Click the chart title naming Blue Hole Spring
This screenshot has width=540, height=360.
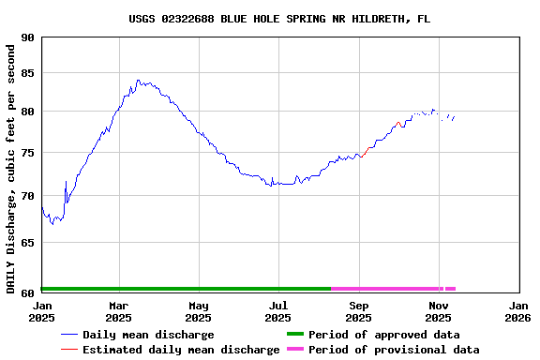279,19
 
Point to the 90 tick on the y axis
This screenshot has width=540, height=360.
27,38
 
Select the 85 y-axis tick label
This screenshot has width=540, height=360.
27,74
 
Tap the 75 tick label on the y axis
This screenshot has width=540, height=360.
27,154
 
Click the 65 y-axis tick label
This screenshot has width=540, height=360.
27,242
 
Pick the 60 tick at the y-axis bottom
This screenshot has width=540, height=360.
27,290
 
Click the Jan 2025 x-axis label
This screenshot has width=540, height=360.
42,311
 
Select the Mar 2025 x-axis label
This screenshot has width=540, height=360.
118,311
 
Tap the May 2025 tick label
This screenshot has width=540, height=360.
199,311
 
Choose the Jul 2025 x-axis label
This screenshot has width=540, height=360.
278,311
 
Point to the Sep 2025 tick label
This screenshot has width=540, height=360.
359,311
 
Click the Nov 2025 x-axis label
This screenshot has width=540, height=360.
439,311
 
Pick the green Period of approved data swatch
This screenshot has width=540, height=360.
294,335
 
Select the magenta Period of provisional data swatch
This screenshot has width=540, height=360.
294,350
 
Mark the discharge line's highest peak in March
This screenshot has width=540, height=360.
138,81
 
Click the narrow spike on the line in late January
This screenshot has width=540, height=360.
66,181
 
